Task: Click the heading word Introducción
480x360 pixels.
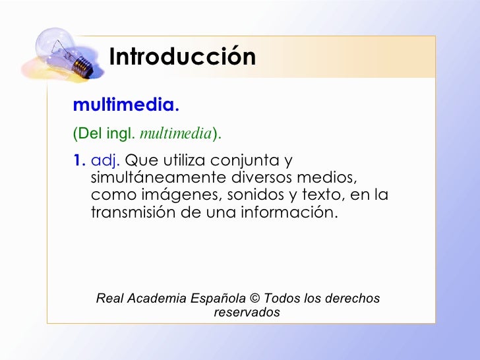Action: coord(183,57)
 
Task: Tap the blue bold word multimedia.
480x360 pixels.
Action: coord(126,105)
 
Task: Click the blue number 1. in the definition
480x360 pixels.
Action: coord(79,160)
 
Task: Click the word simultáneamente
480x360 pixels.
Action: coord(158,178)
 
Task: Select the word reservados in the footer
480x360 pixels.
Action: coord(247,313)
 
